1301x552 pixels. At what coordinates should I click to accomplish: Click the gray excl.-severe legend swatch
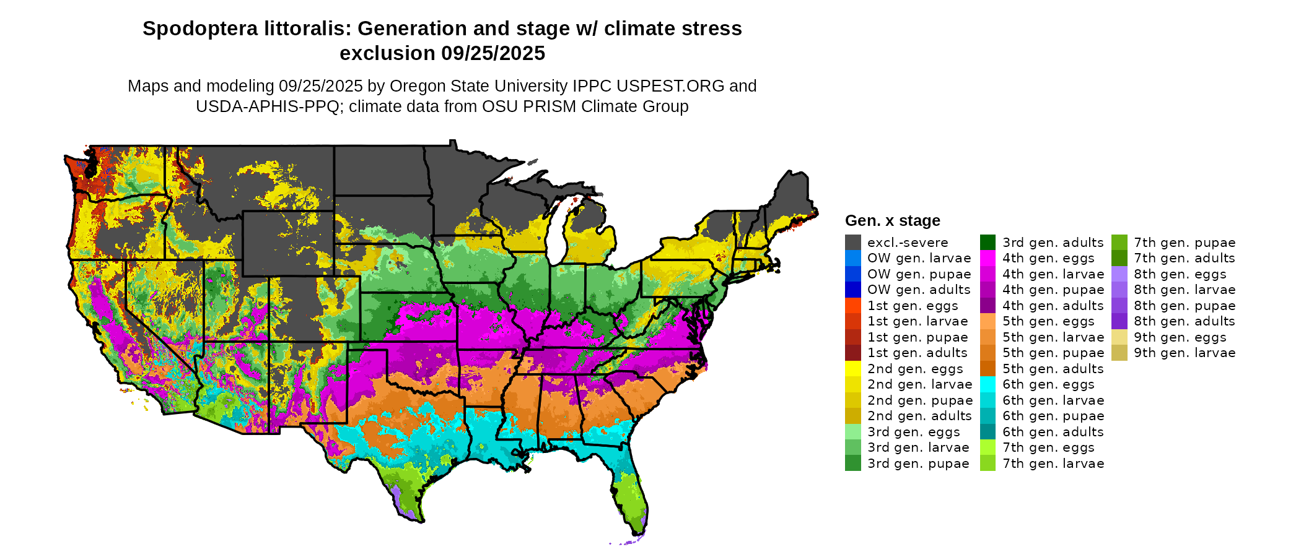click(852, 243)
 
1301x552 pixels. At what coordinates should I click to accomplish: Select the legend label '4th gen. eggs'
click(1048, 258)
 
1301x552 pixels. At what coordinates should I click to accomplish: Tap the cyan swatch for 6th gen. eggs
click(988, 384)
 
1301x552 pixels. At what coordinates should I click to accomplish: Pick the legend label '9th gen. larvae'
click(1185, 353)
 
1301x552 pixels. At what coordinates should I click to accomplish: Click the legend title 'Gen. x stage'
click(892, 221)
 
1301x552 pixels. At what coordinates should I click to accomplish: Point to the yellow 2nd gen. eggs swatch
click(852, 369)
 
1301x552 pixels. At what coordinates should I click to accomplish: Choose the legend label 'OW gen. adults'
click(919, 290)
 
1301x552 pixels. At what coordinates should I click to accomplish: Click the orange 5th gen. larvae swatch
click(988, 337)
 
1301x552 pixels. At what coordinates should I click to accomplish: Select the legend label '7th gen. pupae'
click(1185, 243)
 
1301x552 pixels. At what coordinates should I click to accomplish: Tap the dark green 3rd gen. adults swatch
click(988, 243)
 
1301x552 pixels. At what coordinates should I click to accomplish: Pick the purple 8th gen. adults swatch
click(1119, 321)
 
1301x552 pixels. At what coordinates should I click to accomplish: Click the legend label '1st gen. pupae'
click(917, 337)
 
